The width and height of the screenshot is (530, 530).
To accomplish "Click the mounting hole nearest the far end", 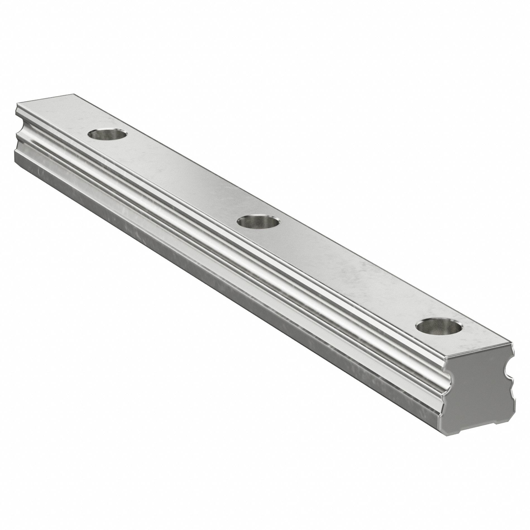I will click(107, 135).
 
